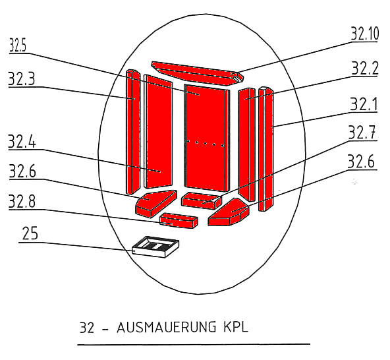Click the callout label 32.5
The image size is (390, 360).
18,45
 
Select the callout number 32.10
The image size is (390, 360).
364,34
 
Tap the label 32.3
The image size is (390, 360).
22,79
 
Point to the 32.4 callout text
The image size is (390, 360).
22,141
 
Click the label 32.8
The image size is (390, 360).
22,201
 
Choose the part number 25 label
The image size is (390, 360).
30,233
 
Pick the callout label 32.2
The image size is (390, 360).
364,68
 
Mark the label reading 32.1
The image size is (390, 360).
364,104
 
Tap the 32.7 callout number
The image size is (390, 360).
362,133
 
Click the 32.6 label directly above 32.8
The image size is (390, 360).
22,171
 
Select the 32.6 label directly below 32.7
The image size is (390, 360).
361,162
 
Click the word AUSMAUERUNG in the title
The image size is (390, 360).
167,327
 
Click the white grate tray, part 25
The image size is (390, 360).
155,247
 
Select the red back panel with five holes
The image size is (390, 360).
207,138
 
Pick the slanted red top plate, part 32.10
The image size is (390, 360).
197,73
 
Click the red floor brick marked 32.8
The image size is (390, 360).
179,220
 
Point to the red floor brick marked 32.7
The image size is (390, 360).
201,200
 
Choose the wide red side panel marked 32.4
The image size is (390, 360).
158,131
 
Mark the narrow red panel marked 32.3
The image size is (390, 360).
133,132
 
